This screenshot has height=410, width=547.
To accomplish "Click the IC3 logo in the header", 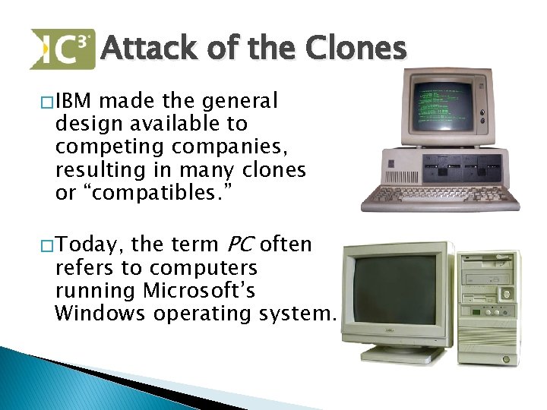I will click(62, 49).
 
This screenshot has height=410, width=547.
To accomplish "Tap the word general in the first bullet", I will click(236, 100).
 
